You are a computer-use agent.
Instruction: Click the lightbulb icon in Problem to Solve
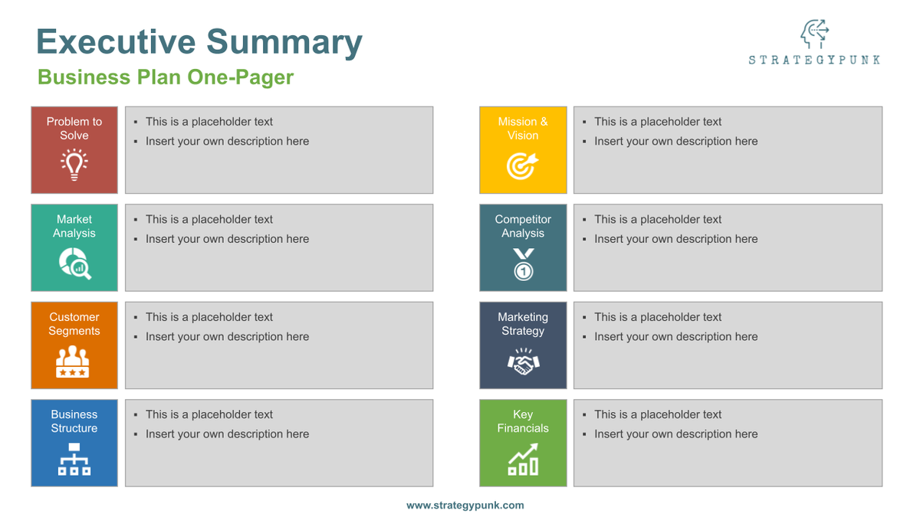74,165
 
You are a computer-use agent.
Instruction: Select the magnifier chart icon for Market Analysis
74,263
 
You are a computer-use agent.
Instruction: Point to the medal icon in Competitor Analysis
524,264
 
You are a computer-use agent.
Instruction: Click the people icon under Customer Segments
74,362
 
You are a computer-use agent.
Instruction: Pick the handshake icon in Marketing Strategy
524,362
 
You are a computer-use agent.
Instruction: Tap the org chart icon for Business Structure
74,459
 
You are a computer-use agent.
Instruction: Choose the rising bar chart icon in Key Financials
524,460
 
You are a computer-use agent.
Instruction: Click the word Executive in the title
116,41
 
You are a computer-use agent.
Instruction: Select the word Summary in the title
284,41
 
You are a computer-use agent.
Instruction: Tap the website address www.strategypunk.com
465,506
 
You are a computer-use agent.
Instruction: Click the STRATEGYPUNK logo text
814,60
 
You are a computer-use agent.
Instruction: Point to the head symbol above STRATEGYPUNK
814,34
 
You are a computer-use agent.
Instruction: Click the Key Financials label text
523,421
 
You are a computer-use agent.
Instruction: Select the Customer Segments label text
74,324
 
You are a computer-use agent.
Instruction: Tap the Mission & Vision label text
523,128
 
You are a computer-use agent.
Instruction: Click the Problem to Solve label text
74,128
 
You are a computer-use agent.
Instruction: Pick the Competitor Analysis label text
523,226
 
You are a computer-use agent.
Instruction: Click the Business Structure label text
74,421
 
